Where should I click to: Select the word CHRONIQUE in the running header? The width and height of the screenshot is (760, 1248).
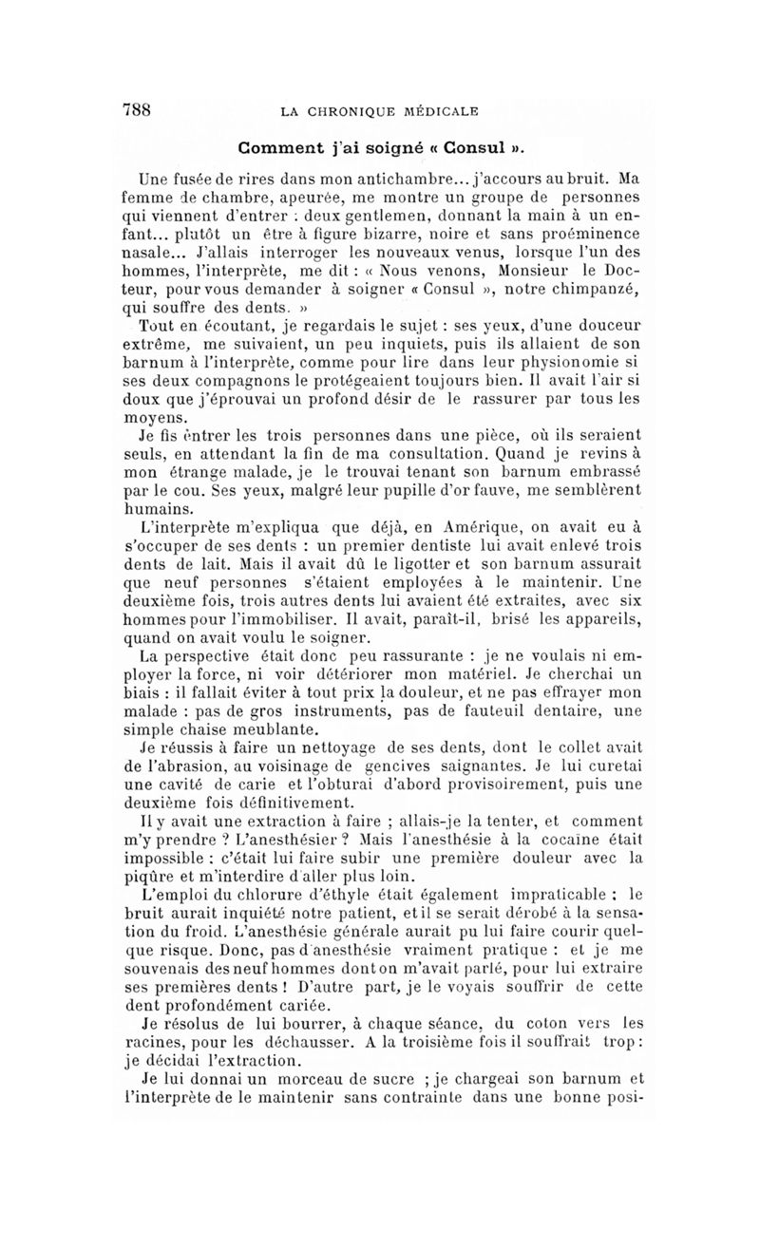click(367, 112)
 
